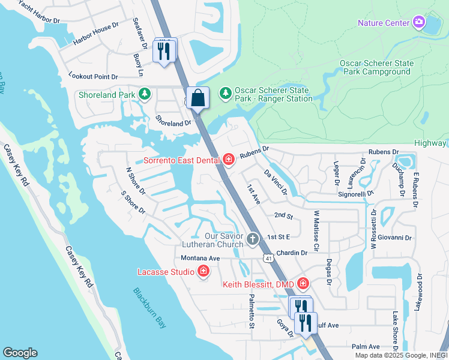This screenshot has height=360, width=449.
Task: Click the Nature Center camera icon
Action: click(419, 23)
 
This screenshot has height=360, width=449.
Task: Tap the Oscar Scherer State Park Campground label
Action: click(376, 67)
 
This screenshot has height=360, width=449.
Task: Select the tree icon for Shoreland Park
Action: click(144, 94)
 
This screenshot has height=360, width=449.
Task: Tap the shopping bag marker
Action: click(197, 98)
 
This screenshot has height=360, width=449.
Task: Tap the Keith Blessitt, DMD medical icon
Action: click(303, 283)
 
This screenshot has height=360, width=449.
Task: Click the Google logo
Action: click(20, 353)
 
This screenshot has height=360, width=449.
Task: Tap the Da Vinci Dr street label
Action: click(276, 182)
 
